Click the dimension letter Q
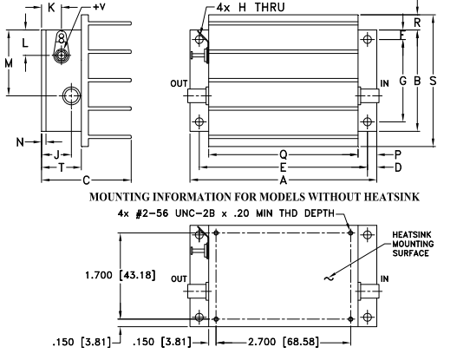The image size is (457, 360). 284,154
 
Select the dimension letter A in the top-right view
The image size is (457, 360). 284,180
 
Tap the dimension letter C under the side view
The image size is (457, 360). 86,180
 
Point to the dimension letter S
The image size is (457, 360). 433,81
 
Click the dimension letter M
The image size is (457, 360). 9,63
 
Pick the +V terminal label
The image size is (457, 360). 99,7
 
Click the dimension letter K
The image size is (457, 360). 51,8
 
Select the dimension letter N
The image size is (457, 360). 20,142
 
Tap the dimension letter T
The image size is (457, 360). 62,167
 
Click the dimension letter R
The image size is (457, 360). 417,23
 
